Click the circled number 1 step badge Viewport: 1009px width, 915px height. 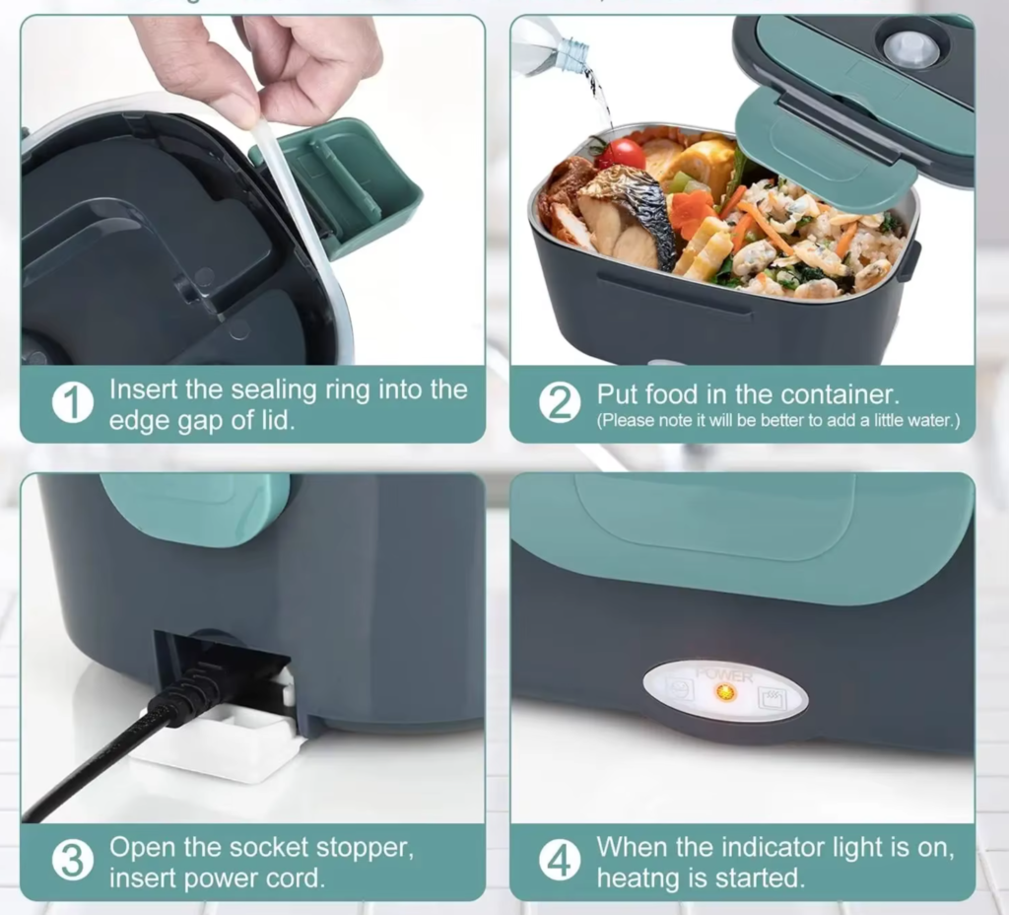(x=73, y=404)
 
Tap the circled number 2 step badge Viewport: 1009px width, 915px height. (x=560, y=404)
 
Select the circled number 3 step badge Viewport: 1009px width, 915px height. (x=73, y=862)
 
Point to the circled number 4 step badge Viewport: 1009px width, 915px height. (x=560, y=862)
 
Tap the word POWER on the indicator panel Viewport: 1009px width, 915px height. (x=724, y=676)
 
